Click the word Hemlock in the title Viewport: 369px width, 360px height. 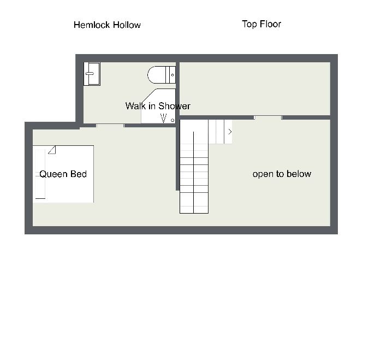pyautogui.click(x=92, y=25)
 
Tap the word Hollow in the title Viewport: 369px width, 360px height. pyautogui.click(x=127, y=25)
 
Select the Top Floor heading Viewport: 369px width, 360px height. pyautogui.click(x=261, y=24)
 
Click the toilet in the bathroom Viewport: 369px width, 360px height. pyautogui.click(x=162, y=75)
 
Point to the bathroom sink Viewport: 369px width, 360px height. pyautogui.click(x=92, y=74)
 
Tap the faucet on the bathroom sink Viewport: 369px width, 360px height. pyautogui.click(x=90, y=74)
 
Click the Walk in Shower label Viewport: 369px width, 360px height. pyautogui.click(x=158, y=106)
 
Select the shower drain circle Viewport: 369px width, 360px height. pyautogui.click(x=172, y=120)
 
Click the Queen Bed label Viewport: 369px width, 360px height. pyautogui.click(x=63, y=174)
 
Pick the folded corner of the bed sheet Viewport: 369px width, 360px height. pyautogui.click(x=52, y=150)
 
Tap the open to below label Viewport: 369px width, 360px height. pyautogui.click(x=282, y=174)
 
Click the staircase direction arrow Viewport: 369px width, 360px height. pyautogui.click(x=230, y=132)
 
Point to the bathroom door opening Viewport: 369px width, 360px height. pyautogui.click(x=110, y=126)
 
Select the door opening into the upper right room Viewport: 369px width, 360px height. pyautogui.click(x=268, y=117)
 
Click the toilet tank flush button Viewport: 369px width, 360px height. pyautogui.click(x=172, y=75)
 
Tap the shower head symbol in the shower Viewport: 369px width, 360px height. pyautogui.click(x=163, y=118)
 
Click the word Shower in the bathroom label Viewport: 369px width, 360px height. pyautogui.click(x=174, y=106)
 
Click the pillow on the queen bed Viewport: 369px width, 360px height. pyautogui.click(x=40, y=174)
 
